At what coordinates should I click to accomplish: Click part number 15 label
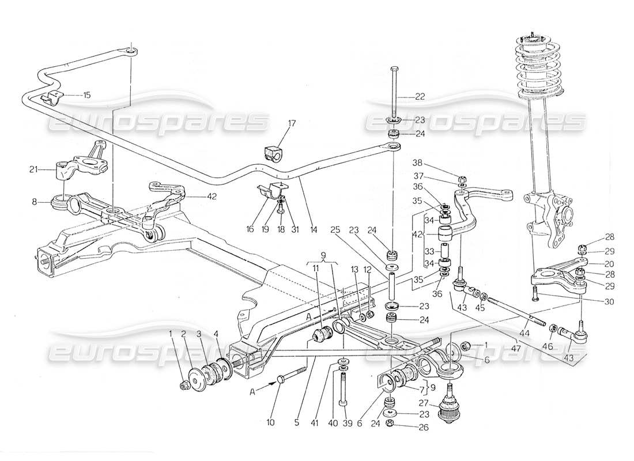[86, 95]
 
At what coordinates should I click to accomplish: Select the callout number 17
[292, 123]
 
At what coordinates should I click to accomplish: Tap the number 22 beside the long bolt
[420, 97]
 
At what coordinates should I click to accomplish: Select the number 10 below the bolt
[271, 423]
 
